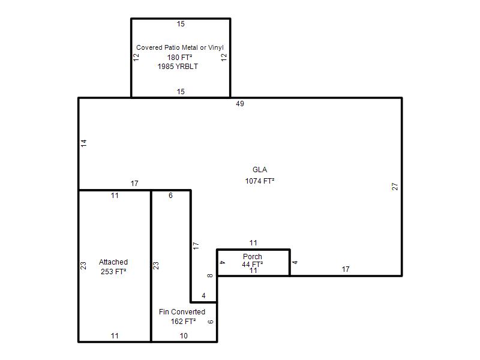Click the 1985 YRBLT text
[178, 67]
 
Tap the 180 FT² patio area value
[179, 57]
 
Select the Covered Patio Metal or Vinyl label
[180, 47]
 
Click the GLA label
[260, 170]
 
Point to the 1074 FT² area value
[260, 181]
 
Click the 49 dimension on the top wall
[240, 104]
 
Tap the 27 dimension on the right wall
[395, 187]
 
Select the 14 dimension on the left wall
[84, 143]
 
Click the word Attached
[113, 262]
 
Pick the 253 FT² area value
[113, 272]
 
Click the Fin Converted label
[182, 312]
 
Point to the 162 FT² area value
[184, 322]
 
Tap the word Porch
[253, 257]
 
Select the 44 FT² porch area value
[253, 264]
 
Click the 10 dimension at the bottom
[184, 336]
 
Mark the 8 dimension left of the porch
[209, 275]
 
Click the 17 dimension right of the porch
[346, 269]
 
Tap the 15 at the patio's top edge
[181, 24]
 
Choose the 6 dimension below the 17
[170, 196]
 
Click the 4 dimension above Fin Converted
[203, 296]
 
